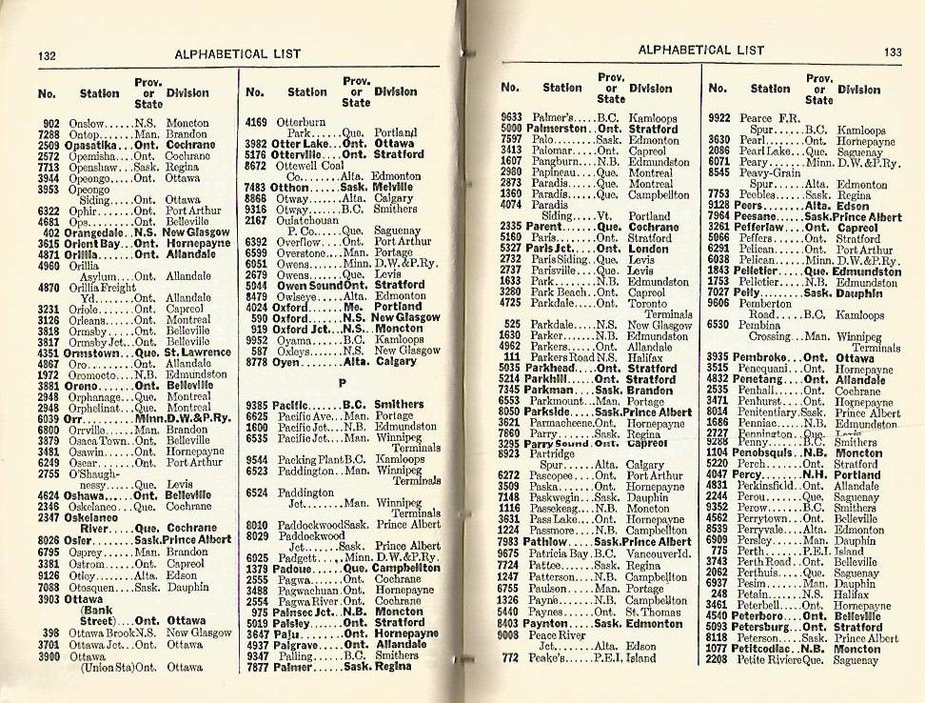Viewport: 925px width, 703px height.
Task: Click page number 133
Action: tap(893, 51)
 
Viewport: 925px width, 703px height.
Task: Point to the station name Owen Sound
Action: tap(307, 284)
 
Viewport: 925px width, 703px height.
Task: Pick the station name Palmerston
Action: tap(558, 128)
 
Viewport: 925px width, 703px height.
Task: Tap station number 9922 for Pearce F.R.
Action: tap(719, 118)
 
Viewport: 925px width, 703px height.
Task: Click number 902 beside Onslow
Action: tap(52, 123)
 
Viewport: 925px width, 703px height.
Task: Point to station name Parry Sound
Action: tap(558, 443)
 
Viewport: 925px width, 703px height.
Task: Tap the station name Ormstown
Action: tap(99, 352)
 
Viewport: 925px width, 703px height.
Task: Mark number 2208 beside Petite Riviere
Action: tap(719, 659)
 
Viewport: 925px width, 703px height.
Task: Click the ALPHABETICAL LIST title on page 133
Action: tap(700, 50)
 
